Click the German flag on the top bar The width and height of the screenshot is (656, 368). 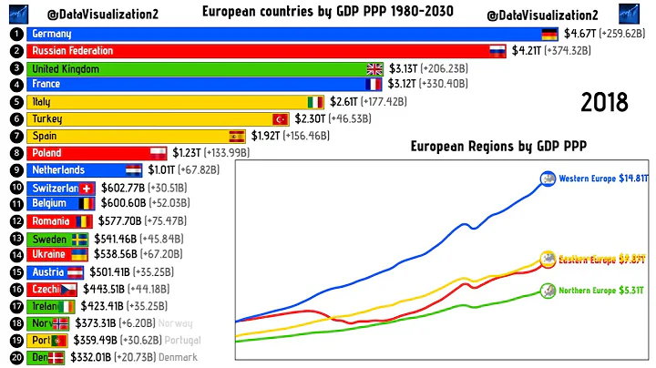pyautogui.click(x=548, y=34)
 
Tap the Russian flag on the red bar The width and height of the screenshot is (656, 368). pyautogui.click(x=497, y=51)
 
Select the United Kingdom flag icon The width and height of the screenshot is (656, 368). pyautogui.click(x=374, y=68)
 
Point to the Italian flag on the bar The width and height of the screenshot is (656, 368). pyautogui.click(x=315, y=102)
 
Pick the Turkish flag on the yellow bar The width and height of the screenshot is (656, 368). pyautogui.click(x=281, y=119)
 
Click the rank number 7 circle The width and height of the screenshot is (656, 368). pyautogui.click(x=15, y=136)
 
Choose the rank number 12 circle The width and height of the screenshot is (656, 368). pyautogui.click(x=15, y=220)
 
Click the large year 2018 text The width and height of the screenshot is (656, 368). pyautogui.click(x=604, y=102)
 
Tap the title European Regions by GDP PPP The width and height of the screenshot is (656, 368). pyautogui.click(x=498, y=146)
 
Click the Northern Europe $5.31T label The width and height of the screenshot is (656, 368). pyautogui.click(x=601, y=291)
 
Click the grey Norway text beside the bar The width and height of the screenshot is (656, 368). pyautogui.click(x=175, y=323)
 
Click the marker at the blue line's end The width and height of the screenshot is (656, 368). pyautogui.click(x=548, y=179)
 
